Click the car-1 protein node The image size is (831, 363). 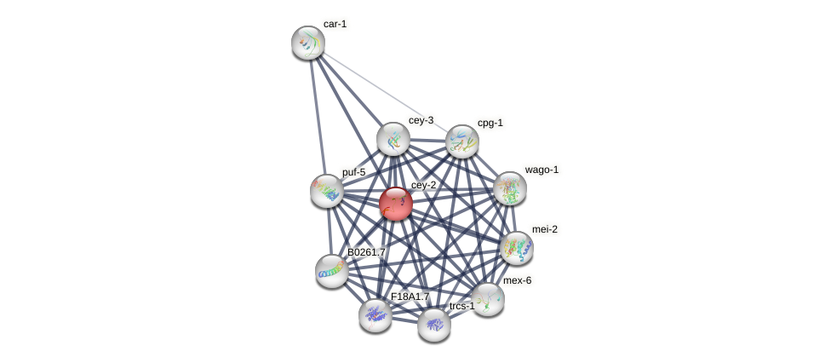click(308, 43)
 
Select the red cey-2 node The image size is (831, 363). click(396, 204)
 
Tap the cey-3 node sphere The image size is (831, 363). click(393, 139)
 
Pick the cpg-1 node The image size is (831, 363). click(462, 141)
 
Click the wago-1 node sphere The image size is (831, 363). click(510, 188)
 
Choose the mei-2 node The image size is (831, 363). click(517, 248)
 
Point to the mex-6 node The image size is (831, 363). click(488, 299)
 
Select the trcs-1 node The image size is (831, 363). click(434, 325)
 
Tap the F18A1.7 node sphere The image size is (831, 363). click(375, 315)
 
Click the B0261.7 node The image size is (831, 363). click(332, 271)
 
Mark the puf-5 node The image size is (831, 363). click(327, 191)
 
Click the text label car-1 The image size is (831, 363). click(335, 24)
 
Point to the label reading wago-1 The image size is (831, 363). click(542, 170)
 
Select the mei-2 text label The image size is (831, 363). click(545, 229)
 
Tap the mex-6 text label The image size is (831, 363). click(517, 280)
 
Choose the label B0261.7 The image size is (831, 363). click(366, 252)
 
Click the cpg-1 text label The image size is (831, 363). click(490, 123)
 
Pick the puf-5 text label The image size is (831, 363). click(353, 172)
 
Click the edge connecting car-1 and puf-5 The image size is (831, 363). click(317, 115)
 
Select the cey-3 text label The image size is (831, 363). click(421, 120)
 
